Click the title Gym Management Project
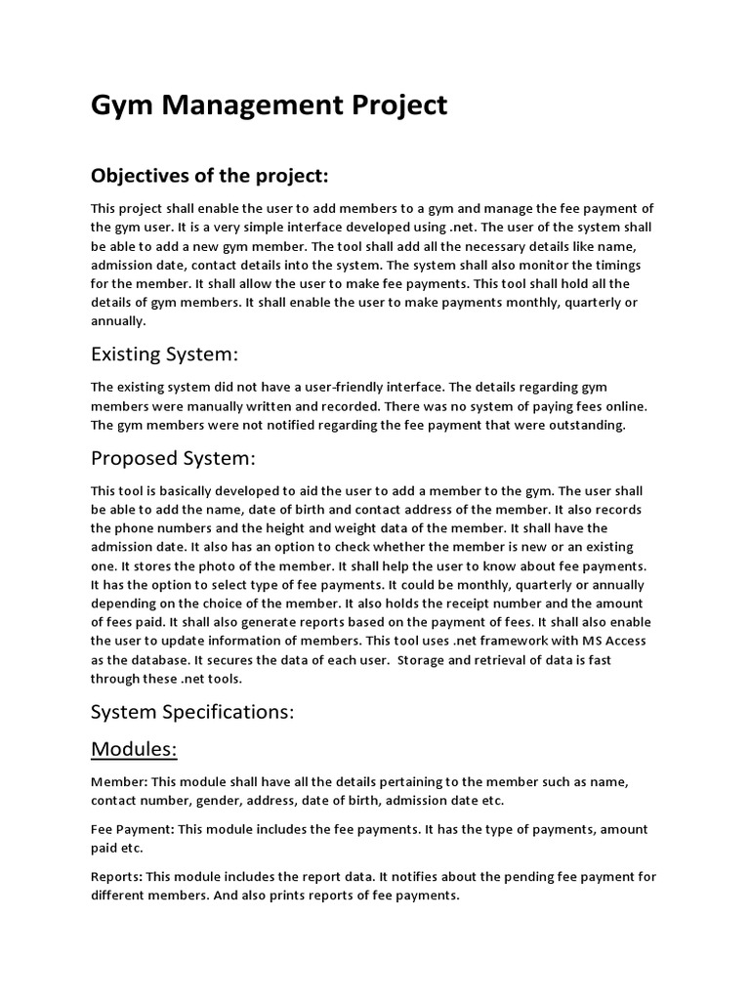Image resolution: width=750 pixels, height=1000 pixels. [269, 104]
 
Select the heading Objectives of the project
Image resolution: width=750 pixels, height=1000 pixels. [210, 176]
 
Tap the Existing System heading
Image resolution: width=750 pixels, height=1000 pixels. [164, 352]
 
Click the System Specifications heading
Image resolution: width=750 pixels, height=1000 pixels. [192, 712]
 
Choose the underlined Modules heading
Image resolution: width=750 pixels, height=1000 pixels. [135, 749]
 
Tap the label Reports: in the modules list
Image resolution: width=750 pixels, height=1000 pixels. [117, 876]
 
